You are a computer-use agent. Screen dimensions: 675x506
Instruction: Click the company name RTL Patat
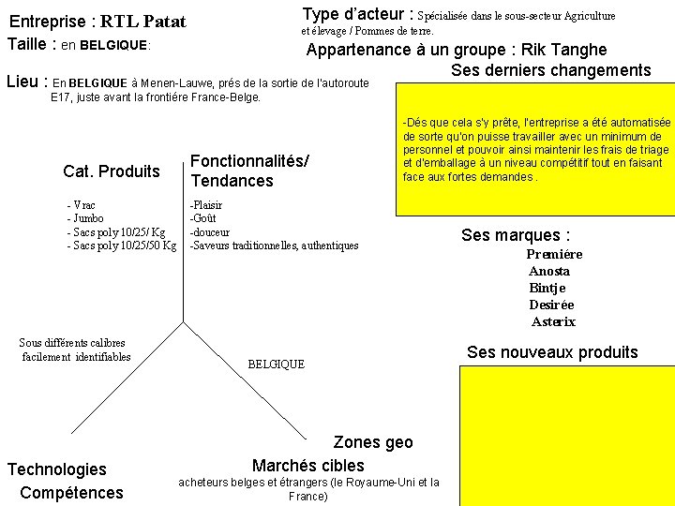[143, 22]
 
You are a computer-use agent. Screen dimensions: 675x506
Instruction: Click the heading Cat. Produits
[112, 171]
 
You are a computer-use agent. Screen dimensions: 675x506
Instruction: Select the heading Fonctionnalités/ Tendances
[249, 171]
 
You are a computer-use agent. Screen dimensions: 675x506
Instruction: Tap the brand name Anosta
[549, 271]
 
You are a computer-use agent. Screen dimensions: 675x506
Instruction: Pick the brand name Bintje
[547, 288]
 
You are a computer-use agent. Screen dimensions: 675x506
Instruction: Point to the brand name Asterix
[553, 321]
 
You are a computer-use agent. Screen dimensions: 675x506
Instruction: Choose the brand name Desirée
[551, 305]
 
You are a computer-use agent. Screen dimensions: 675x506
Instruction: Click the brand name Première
[554, 254]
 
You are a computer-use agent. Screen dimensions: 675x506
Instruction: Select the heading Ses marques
[516, 235]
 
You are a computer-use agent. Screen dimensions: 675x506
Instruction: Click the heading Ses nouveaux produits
[552, 352]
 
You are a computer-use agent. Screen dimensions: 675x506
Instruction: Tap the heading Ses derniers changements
[550, 70]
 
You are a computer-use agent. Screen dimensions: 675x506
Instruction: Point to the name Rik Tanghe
[564, 50]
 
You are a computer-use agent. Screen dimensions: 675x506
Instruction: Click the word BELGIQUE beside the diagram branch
[276, 364]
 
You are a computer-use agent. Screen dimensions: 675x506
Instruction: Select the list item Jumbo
[86, 218]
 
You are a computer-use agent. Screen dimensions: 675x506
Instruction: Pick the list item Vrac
[82, 204]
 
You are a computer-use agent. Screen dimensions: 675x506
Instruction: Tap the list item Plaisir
[206, 204]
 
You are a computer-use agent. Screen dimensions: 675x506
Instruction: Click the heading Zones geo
[372, 442]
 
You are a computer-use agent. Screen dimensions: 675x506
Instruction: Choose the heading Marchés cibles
[307, 465]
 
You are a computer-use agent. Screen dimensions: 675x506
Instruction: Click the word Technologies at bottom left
[57, 469]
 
